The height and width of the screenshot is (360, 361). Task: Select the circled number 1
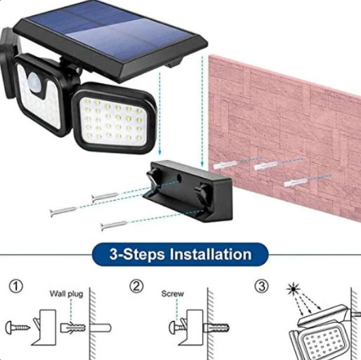[15, 286]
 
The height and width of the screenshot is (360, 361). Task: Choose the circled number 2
[138, 286]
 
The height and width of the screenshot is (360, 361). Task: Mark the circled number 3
[262, 286]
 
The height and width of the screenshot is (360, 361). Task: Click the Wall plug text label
[66, 294]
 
